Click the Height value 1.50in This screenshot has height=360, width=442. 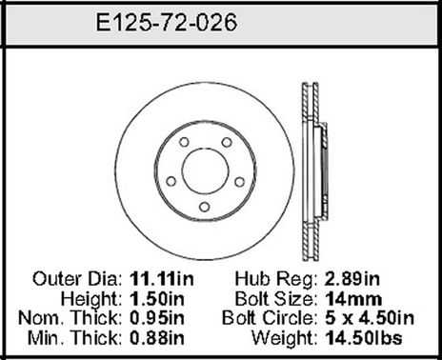pos(154,298)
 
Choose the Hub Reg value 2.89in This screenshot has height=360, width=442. pos(352,280)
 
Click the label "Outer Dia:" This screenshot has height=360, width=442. pos(77,280)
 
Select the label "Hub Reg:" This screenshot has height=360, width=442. pos(283,280)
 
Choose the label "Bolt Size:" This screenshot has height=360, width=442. pos(278,298)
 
